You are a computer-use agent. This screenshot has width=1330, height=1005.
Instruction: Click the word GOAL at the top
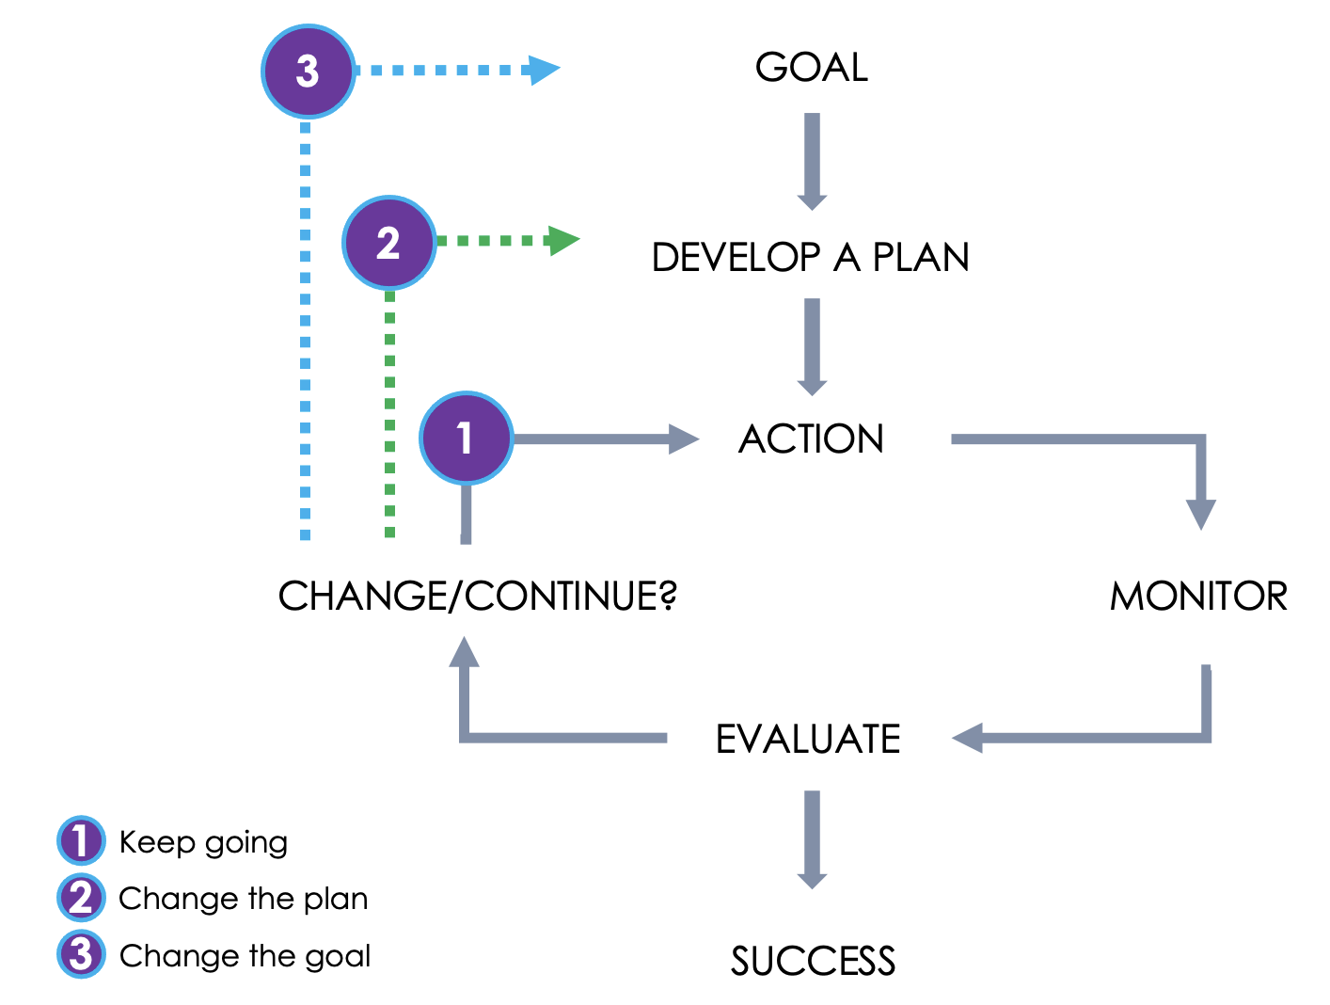tap(812, 68)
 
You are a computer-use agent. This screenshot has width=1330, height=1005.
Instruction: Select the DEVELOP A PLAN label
tap(811, 258)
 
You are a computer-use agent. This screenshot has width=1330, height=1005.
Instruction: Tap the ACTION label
tap(811, 439)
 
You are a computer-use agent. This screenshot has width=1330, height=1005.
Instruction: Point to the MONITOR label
tap(1198, 597)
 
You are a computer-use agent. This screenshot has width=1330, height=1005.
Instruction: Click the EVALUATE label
tap(808, 740)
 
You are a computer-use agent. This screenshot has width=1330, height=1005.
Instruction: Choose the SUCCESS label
tap(813, 962)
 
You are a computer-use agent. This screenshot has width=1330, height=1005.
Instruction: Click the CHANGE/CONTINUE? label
tap(478, 597)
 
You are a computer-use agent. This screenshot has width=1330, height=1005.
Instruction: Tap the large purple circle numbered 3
tap(308, 72)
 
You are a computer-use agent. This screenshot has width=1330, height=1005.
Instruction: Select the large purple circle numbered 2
tap(388, 243)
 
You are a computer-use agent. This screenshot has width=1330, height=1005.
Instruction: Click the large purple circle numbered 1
tap(466, 439)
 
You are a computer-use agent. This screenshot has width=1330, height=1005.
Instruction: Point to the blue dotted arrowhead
tap(543, 70)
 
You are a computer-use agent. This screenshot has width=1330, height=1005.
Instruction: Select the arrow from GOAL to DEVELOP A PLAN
tap(812, 161)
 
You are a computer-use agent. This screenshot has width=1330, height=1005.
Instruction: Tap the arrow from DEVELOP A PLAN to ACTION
tap(812, 346)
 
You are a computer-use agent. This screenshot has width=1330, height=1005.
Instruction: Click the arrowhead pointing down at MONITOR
tap(1200, 514)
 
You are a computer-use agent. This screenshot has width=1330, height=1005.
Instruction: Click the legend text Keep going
tap(203, 842)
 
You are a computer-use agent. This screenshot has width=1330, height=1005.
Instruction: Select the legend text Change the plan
tap(243, 899)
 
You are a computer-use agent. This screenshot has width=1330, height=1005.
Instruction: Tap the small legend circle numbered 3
tap(81, 954)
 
